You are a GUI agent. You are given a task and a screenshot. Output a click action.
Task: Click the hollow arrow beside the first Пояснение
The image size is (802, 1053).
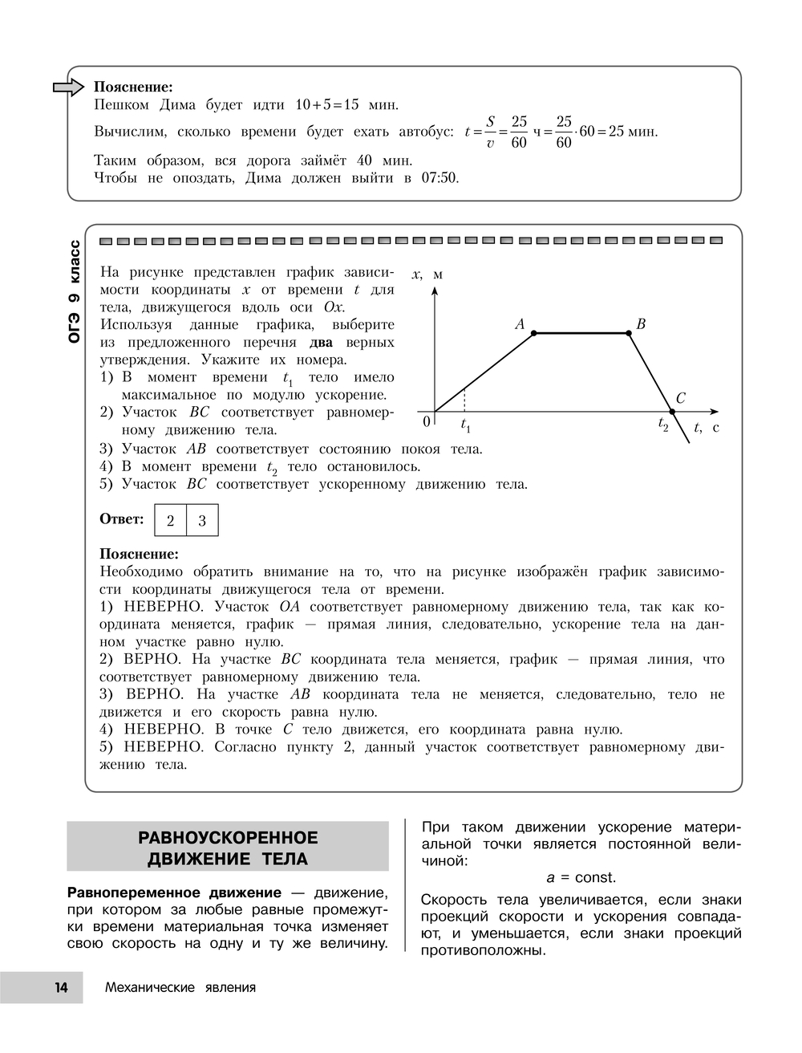[x=68, y=87]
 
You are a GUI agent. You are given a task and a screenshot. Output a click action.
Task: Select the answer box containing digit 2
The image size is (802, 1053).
[x=170, y=520]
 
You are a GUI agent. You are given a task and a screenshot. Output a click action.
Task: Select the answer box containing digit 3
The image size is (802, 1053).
[x=202, y=520]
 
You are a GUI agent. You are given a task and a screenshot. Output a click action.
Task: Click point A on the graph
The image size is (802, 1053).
[x=534, y=332]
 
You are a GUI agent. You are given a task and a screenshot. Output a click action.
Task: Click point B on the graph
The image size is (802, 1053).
[x=628, y=332]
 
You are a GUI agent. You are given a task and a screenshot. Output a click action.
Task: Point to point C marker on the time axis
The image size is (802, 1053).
[x=672, y=412]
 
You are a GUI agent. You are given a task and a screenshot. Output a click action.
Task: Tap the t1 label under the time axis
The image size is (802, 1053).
[x=465, y=426]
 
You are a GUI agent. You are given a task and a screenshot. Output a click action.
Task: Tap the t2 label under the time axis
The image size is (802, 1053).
[x=663, y=425]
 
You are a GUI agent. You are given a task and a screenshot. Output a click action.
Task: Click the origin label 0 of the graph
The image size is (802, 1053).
[x=427, y=421]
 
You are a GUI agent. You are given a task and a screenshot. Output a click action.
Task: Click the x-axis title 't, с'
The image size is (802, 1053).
[x=707, y=428]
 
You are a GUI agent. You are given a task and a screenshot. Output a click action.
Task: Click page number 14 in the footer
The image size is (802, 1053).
[x=62, y=987]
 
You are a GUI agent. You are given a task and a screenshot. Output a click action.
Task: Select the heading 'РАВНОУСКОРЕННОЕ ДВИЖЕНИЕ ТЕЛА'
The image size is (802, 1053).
[x=228, y=848]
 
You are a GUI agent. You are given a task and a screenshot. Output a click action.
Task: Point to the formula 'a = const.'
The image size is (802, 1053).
[x=581, y=877]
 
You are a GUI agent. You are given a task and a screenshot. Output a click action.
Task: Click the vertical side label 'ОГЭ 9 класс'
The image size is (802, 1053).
[x=74, y=291]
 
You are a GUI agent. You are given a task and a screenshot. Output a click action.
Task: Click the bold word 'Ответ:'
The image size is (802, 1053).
[x=121, y=518]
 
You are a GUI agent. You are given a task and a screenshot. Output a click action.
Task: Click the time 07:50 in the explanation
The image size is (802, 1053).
[x=439, y=178]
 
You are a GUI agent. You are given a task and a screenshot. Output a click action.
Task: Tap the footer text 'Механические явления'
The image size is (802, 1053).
[x=180, y=987]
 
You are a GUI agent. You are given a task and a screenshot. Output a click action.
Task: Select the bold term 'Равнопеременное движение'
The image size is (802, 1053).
[x=174, y=892]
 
